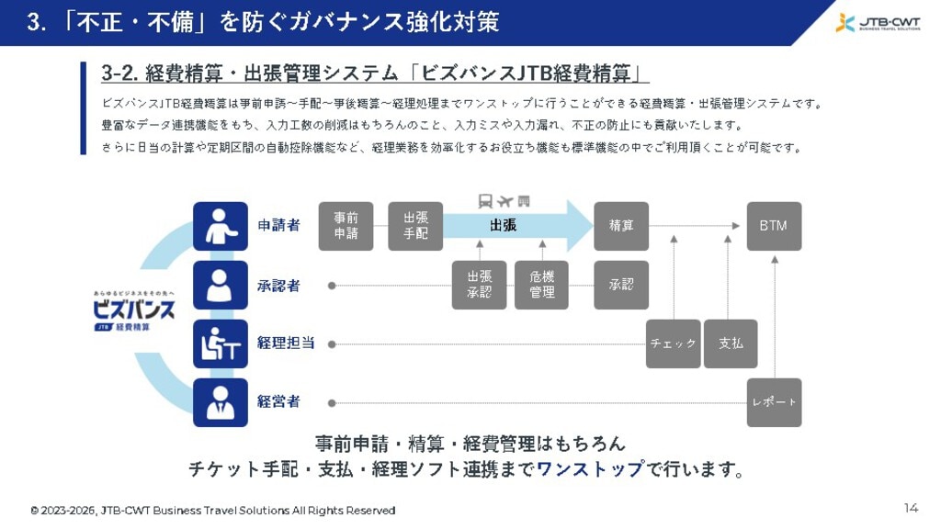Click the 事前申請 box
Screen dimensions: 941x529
(x=346, y=226)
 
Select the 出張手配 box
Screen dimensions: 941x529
(x=415, y=226)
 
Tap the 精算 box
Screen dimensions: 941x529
(x=621, y=226)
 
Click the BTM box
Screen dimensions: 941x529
(x=774, y=226)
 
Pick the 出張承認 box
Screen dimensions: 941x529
(x=479, y=285)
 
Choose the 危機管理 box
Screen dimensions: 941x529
(x=541, y=285)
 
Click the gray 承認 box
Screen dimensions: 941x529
(x=621, y=285)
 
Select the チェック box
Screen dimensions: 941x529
(x=673, y=343)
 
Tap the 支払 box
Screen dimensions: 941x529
(x=731, y=343)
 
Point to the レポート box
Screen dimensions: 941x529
(x=774, y=402)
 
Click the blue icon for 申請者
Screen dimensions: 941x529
(x=221, y=226)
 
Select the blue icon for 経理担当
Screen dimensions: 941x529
(x=221, y=343)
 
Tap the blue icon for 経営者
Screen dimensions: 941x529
(x=221, y=402)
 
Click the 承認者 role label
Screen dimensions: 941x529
(x=278, y=286)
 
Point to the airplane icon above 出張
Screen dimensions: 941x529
(x=505, y=201)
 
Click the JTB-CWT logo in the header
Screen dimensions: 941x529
(x=878, y=23)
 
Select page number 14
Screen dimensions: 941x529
(x=911, y=509)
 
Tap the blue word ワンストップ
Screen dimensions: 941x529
(x=591, y=469)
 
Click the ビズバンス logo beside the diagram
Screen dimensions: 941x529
(x=134, y=311)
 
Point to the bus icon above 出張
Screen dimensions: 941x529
(x=485, y=201)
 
